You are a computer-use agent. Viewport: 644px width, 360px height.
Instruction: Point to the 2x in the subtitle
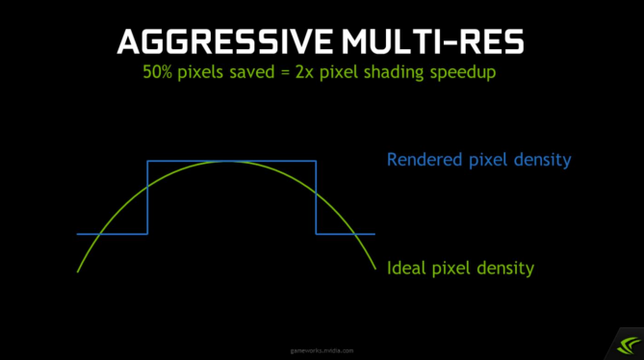point(329,74)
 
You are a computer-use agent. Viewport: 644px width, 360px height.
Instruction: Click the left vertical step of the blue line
point(147,197)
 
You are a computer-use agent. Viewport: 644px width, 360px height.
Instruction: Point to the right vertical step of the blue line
point(316,197)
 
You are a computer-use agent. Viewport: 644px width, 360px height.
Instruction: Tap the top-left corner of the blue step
point(147,161)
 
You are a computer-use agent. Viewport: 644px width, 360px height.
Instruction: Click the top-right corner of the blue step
point(316,161)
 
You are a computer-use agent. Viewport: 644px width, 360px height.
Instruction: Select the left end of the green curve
point(77,272)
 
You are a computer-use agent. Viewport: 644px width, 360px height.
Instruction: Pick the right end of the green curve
point(375,270)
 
